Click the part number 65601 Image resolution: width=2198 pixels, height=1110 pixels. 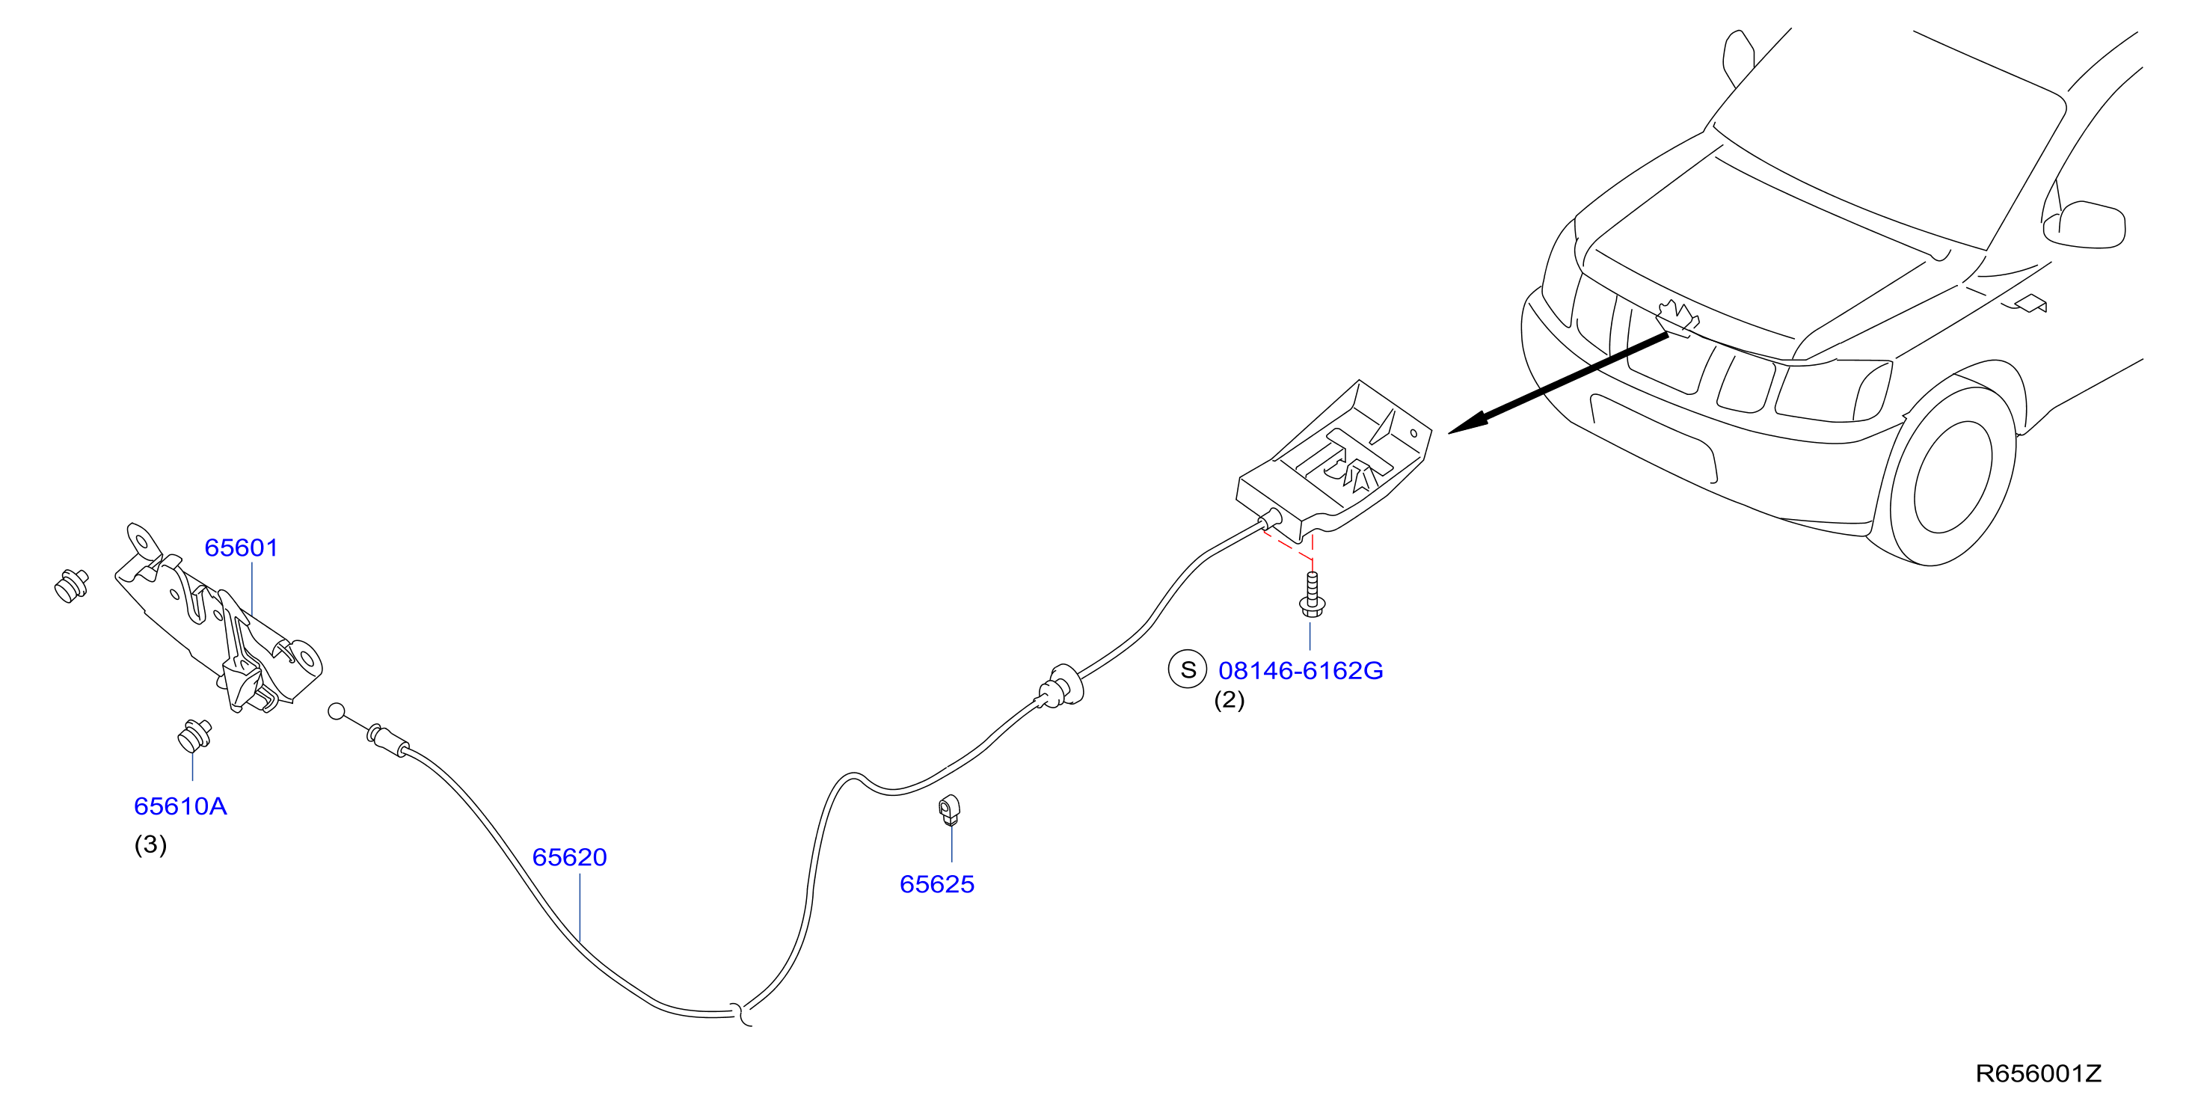(242, 548)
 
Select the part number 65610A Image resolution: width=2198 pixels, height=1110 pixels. (180, 806)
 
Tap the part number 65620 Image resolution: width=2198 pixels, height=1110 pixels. (569, 856)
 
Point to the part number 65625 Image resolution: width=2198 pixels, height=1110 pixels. (937, 884)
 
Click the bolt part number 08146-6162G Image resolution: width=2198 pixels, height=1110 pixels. (1301, 671)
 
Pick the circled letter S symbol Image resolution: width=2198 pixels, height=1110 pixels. (1188, 669)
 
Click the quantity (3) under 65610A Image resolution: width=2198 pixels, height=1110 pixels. (150, 844)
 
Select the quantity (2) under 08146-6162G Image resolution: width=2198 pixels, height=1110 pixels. (1229, 700)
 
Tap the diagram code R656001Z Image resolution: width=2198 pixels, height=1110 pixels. (2039, 1073)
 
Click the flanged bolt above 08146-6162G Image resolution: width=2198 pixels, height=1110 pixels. (1312, 595)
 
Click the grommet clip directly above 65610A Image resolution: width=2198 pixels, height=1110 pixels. (194, 735)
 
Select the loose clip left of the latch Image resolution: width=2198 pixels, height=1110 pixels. (71, 585)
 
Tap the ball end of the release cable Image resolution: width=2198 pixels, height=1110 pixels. (337, 711)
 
